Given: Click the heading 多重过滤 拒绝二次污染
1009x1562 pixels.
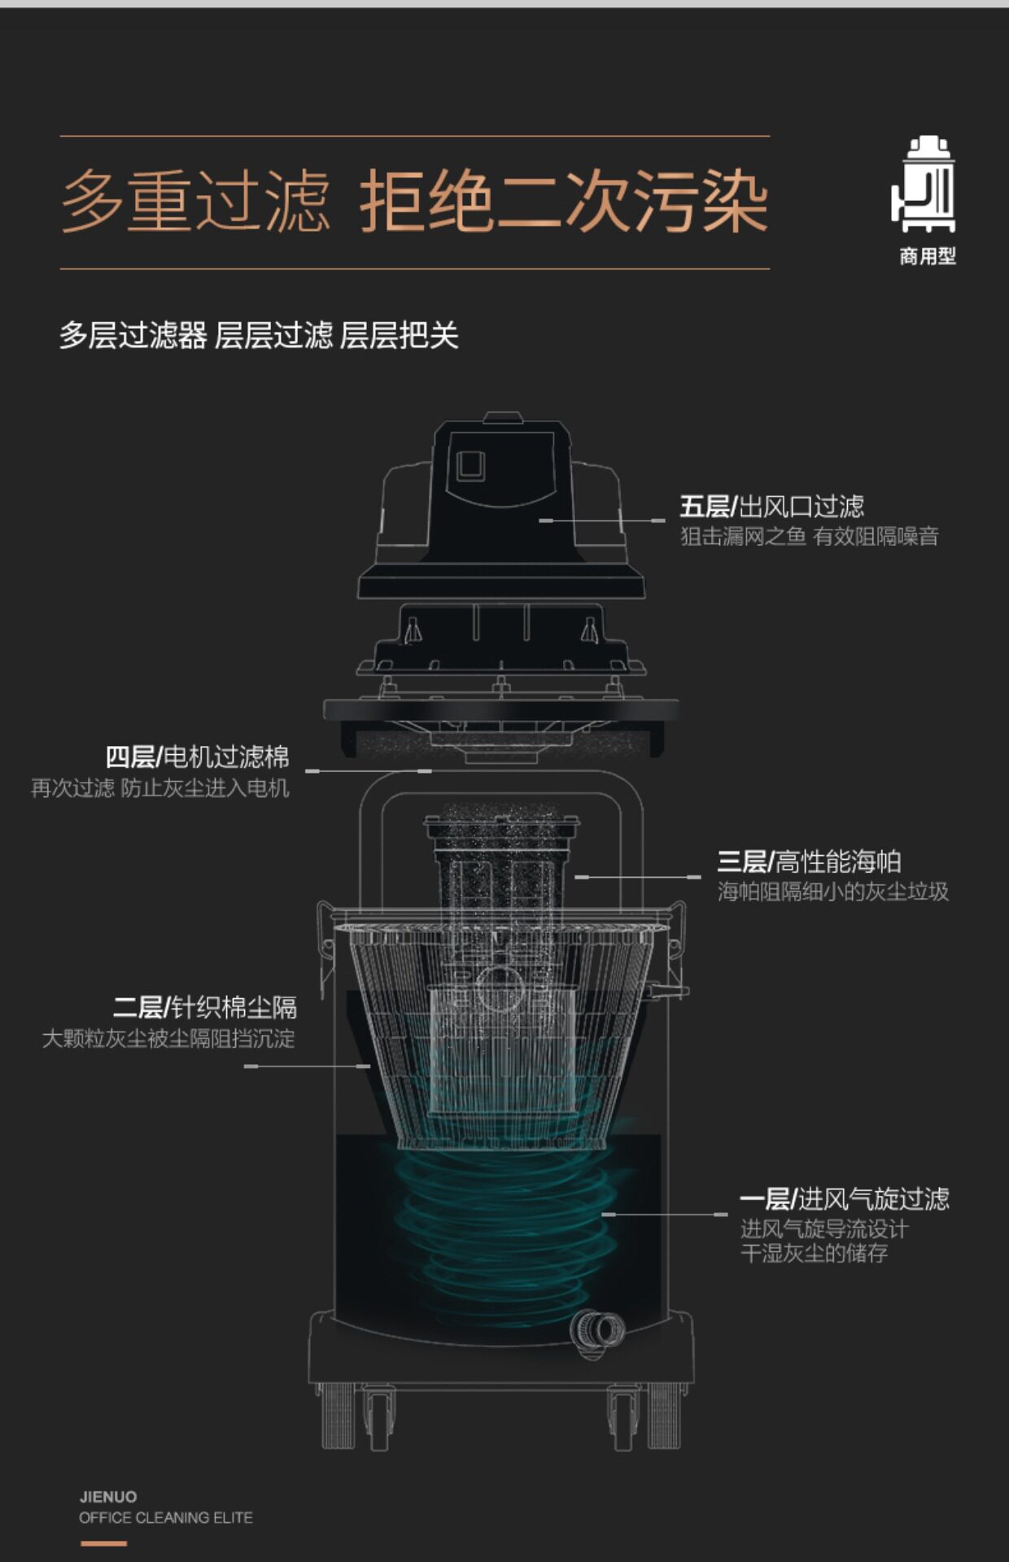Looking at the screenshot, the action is (x=415, y=202).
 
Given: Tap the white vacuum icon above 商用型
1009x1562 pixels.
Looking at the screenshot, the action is (x=926, y=185).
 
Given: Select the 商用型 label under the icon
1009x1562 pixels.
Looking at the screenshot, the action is (x=927, y=256).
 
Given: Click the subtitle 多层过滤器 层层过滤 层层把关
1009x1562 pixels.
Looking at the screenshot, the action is (x=259, y=335).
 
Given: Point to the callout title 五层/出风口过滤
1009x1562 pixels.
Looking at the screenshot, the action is (x=771, y=507).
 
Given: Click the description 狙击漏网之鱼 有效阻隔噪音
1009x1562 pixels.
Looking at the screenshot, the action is (x=809, y=536).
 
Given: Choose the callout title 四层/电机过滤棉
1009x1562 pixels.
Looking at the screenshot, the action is (x=198, y=757).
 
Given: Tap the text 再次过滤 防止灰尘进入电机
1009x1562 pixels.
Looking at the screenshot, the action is (x=160, y=788).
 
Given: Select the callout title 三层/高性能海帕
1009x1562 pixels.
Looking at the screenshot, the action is (x=808, y=862).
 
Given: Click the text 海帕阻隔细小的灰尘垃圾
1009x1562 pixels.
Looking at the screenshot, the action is (x=832, y=892).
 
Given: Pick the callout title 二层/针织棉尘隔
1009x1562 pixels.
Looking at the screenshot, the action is (x=205, y=1008).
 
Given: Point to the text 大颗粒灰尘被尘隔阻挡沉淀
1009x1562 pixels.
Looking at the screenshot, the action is (x=168, y=1039).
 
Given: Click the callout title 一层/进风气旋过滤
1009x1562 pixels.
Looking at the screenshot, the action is (x=844, y=1198).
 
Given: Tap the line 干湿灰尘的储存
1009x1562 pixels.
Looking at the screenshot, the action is (x=814, y=1253).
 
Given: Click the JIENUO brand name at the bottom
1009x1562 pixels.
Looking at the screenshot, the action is (x=108, y=1496).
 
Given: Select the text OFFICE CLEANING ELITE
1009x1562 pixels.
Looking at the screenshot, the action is (x=166, y=1517).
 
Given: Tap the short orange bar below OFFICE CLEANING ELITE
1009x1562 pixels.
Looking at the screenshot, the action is (x=103, y=1543).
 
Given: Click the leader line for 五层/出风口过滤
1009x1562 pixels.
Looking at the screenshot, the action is (x=602, y=520).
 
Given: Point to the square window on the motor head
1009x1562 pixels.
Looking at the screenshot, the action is (x=471, y=465).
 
